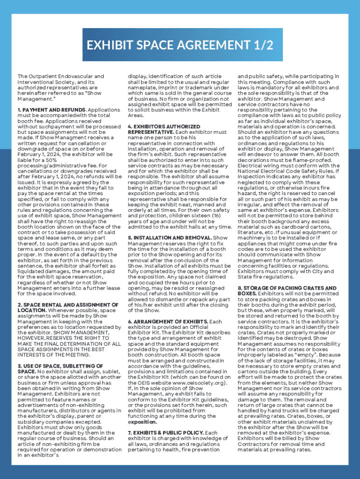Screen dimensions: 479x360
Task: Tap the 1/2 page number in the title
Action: tap(262, 45)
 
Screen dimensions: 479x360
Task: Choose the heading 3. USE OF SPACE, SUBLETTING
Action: tap(60, 366)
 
